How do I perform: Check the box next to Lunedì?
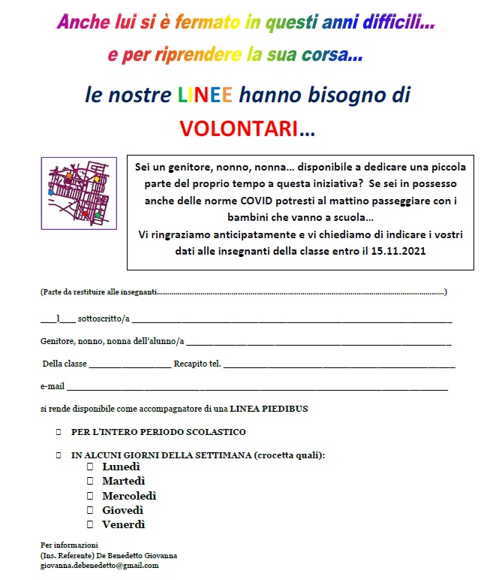click(89, 467)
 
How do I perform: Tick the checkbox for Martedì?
click(89, 481)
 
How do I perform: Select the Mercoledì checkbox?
click(89, 496)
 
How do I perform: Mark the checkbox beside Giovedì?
click(89, 510)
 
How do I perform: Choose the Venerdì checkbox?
click(89, 524)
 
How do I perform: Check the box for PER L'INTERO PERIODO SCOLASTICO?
click(58, 433)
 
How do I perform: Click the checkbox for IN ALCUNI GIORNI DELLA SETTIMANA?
click(58, 455)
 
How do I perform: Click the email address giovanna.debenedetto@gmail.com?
click(100, 565)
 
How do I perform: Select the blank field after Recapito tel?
click(339, 364)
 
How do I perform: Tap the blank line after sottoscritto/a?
click(292, 319)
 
